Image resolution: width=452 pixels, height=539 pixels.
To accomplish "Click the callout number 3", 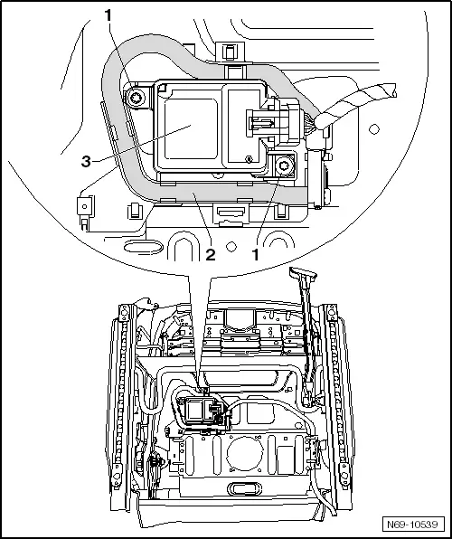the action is click(x=86, y=161).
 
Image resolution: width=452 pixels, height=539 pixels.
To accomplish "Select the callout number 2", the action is click(x=211, y=255).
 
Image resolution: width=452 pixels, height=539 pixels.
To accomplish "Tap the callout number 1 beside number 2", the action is click(x=255, y=255).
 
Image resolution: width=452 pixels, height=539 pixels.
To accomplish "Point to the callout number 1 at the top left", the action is click(x=108, y=15).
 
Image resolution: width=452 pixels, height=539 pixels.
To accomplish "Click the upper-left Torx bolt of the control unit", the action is click(x=137, y=99).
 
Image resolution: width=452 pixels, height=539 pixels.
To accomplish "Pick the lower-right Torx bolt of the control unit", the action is click(x=286, y=165).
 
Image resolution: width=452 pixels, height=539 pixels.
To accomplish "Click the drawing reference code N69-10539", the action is click(x=413, y=525).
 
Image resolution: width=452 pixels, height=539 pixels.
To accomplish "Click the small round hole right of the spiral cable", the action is click(x=374, y=129).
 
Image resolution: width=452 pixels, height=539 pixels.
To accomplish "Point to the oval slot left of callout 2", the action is click(x=143, y=247).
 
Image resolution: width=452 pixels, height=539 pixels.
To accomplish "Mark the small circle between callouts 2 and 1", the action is click(x=231, y=247).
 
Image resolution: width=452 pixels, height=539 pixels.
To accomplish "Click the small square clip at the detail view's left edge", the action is click(x=85, y=206).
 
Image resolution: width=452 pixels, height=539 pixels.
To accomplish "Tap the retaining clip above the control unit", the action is click(x=229, y=52).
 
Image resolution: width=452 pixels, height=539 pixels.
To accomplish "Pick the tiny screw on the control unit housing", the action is click(x=248, y=159).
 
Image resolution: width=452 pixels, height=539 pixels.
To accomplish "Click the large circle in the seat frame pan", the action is click(x=245, y=453).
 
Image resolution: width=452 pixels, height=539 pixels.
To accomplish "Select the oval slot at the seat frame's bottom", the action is click(x=244, y=489).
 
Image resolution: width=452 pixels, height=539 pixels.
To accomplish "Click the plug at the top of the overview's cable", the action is click(x=303, y=273).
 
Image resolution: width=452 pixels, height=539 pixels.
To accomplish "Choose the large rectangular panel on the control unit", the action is click(x=191, y=128).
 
